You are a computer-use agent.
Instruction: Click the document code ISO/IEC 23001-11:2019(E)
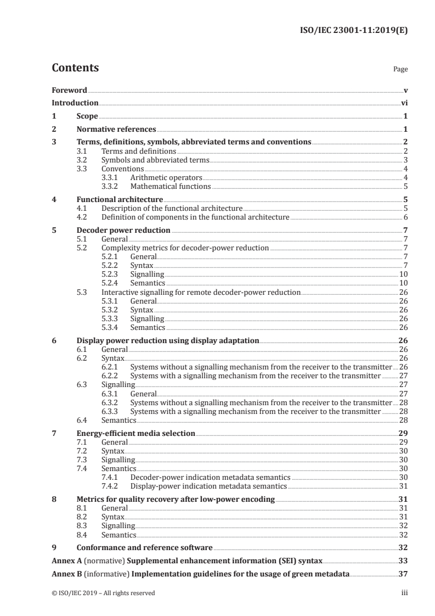pyautogui.click(x=351, y=31)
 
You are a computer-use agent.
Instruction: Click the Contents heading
pyautogui.click(x=75, y=68)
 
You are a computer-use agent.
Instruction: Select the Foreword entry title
pyautogui.click(x=69, y=90)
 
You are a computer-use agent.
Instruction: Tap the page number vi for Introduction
pyautogui.click(x=404, y=103)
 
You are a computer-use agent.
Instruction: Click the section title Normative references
pyautogui.click(x=116, y=130)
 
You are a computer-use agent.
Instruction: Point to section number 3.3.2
pyautogui.click(x=112, y=186)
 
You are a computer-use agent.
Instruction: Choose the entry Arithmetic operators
pyautogui.click(x=166, y=178)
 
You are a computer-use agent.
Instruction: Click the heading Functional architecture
pyautogui.click(x=120, y=200)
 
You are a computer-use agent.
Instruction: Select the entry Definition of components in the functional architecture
pyautogui.click(x=195, y=217)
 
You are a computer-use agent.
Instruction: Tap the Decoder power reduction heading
pyautogui.click(x=123, y=231)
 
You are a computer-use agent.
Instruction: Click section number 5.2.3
pyautogui.click(x=112, y=274)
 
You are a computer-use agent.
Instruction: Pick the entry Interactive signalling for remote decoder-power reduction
pyautogui.click(x=201, y=292)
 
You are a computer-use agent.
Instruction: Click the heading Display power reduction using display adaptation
pyautogui.click(x=168, y=340)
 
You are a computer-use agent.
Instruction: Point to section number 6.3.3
pyautogui.click(x=112, y=411)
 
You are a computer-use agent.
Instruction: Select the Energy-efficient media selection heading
pyautogui.click(x=136, y=433)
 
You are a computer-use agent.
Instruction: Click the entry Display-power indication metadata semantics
pyautogui.click(x=208, y=486)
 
